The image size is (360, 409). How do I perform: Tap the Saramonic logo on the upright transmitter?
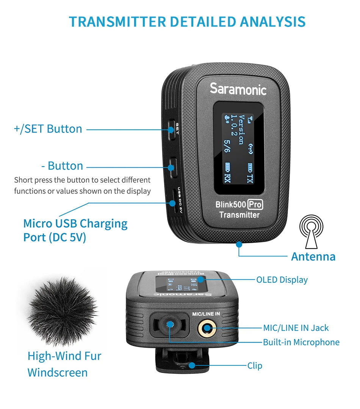238,89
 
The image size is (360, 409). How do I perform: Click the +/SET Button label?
48,129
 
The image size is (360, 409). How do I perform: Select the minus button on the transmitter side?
172,167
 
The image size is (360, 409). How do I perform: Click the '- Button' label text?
62,166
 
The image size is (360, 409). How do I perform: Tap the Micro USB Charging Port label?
75,230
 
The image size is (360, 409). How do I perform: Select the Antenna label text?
313,256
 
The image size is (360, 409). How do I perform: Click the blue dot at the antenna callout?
239,244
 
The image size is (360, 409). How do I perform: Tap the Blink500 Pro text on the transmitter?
239,205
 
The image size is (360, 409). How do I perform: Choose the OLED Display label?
282,280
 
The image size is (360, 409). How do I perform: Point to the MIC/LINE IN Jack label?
296,328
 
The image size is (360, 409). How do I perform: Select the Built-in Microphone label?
301,342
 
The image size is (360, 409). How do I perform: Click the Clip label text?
255,366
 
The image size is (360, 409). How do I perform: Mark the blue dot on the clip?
192,365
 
